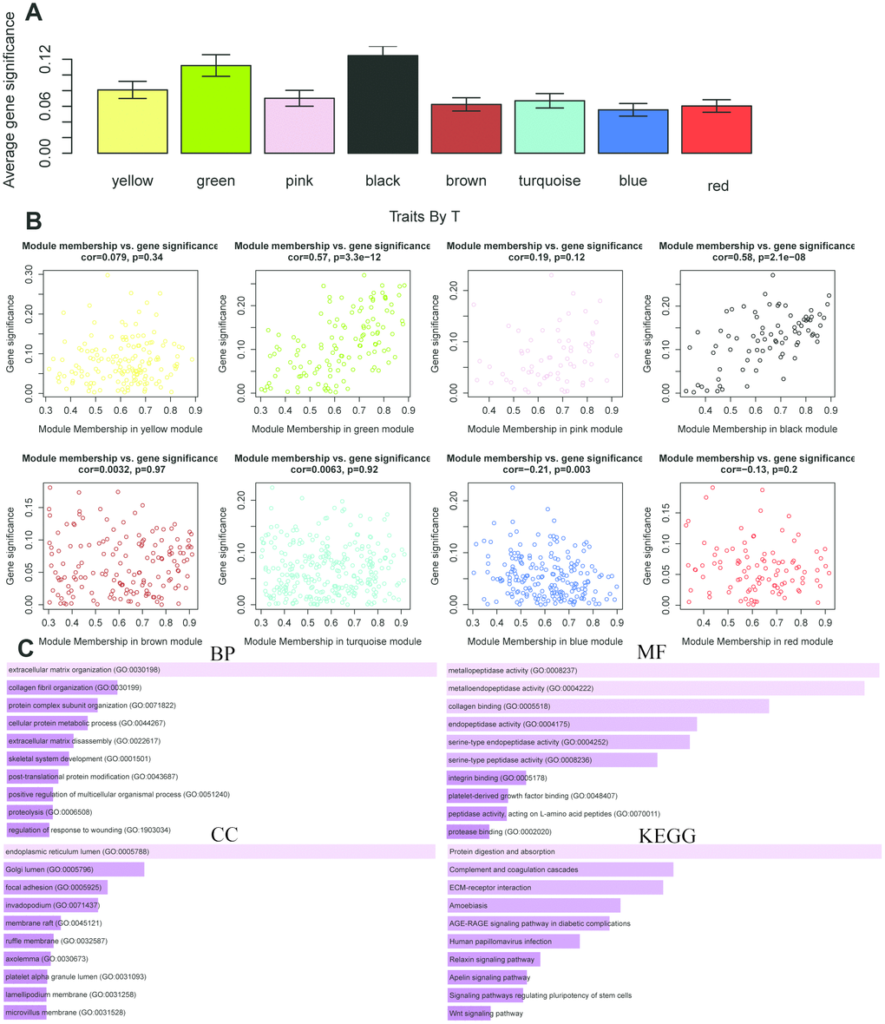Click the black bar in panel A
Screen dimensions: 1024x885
pyautogui.click(x=383, y=105)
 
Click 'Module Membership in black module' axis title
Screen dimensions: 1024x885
pyautogui.click(x=757, y=429)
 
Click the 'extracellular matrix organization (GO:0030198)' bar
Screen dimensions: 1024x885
pyautogui.click(x=220, y=670)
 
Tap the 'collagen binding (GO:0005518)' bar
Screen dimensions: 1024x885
pyautogui.click(x=607, y=706)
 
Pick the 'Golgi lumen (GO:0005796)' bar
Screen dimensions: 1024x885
pyautogui.click(x=75, y=870)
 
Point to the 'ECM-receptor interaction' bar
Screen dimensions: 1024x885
pyautogui.click(x=554, y=888)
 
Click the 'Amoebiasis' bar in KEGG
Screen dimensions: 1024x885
pyautogui.click(x=533, y=905)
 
